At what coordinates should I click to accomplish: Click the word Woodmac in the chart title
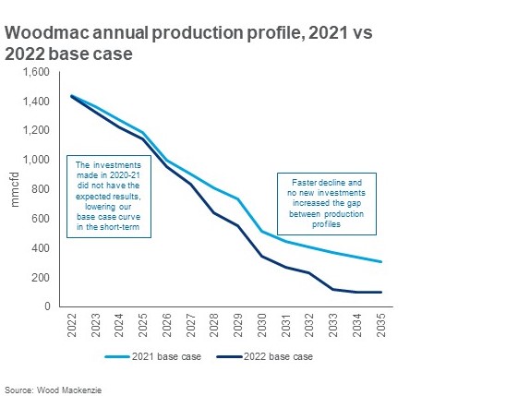pos(47,33)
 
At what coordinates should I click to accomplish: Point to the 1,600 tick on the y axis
pos(36,72)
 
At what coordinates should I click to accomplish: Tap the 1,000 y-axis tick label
pos(36,160)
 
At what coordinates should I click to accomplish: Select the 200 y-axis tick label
pos(41,278)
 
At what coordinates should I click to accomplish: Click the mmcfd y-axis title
pos(15,189)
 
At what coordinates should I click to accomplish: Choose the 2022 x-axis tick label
pos(72,325)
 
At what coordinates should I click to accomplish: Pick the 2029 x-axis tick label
pos(238,325)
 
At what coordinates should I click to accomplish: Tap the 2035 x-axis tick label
pos(381,325)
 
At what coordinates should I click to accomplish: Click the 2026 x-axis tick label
pos(167,325)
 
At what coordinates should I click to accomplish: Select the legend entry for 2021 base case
pos(152,356)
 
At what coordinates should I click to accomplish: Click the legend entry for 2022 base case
pos(265,356)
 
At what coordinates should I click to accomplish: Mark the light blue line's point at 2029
pos(238,199)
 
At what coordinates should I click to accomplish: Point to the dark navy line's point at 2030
pos(262,256)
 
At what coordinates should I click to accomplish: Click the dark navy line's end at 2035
pos(381,293)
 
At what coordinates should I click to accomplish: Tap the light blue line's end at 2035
pos(381,261)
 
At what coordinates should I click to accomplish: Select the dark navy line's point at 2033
pos(333,289)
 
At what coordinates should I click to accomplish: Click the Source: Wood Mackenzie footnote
pos(53,390)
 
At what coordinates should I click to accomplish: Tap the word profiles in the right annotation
pos(326,224)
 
